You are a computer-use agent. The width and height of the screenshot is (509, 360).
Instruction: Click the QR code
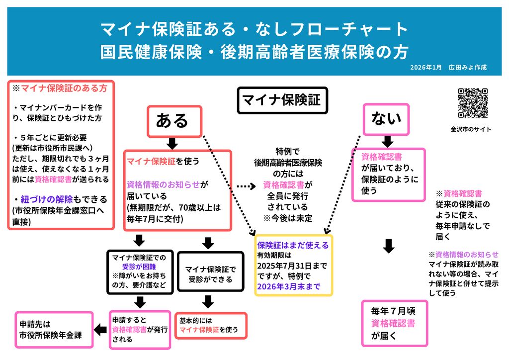click(x=473, y=103)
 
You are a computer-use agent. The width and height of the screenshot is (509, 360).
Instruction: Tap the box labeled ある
click(x=174, y=121)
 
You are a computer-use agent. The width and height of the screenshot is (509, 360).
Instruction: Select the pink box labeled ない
click(x=386, y=119)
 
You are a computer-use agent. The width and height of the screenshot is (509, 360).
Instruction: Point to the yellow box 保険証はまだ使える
click(x=293, y=266)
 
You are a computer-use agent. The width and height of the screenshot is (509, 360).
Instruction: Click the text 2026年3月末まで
click(x=288, y=286)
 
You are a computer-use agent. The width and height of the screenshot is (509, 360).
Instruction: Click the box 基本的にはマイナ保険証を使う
click(x=210, y=325)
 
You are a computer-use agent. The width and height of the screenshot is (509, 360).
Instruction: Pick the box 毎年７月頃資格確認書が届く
click(x=394, y=323)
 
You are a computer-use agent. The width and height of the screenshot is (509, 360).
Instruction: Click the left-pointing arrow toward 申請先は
click(x=100, y=329)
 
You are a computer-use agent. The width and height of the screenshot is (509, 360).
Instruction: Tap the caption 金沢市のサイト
click(x=471, y=129)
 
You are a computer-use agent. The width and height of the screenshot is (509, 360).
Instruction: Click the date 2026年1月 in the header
click(x=426, y=67)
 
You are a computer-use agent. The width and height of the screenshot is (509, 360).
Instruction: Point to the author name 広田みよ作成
click(x=467, y=67)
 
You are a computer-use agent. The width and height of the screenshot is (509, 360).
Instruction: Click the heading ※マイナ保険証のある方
click(x=60, y=89)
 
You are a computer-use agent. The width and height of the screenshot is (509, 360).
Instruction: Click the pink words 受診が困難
click(x=139, y=267)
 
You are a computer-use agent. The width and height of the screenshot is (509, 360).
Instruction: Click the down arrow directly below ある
click(x=172, y=144)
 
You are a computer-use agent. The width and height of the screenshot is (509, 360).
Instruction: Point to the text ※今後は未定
click(x=288, y=218)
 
